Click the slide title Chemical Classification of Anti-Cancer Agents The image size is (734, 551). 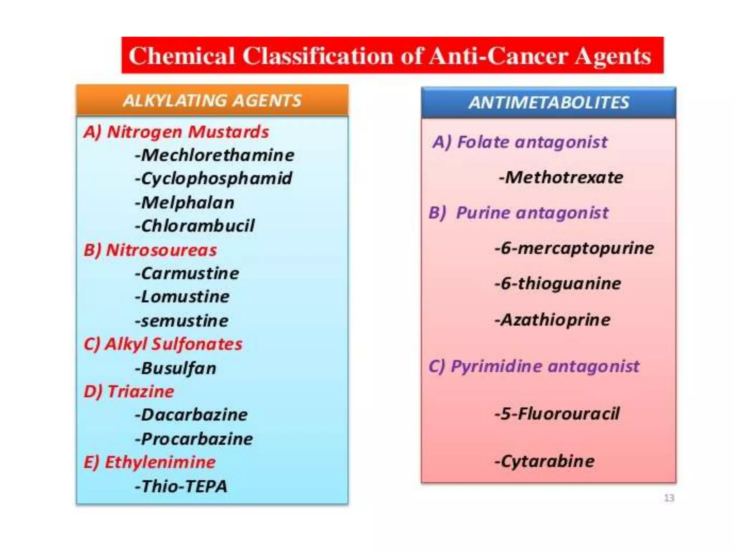coord(390,56)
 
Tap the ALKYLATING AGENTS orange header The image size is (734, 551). coord(212,100)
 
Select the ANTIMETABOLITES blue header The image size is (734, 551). coord(548,103)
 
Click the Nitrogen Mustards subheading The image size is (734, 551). coord(176,132)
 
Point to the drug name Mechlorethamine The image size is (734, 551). coord(215,155)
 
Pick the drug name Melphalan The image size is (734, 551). coord(185,203)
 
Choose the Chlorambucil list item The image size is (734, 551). coord(195,226)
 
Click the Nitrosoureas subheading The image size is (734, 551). coord(150,250)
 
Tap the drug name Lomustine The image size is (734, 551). coord(182,297)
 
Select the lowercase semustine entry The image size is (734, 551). coord(182,321)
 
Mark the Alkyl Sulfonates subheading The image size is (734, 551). coord(163,344)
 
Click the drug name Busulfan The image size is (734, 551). coord(176,368)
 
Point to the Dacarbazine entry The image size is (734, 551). coord(191,415)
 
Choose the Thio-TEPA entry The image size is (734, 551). coord(181,486)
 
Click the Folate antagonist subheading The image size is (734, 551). coord(520,142)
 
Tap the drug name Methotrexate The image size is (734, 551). coord(561,178)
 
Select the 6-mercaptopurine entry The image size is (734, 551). coord(574,248)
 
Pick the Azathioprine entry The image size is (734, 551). coord(552,320)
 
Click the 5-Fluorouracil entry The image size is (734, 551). coord(557,414)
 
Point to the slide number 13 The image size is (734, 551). coord(669,498)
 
